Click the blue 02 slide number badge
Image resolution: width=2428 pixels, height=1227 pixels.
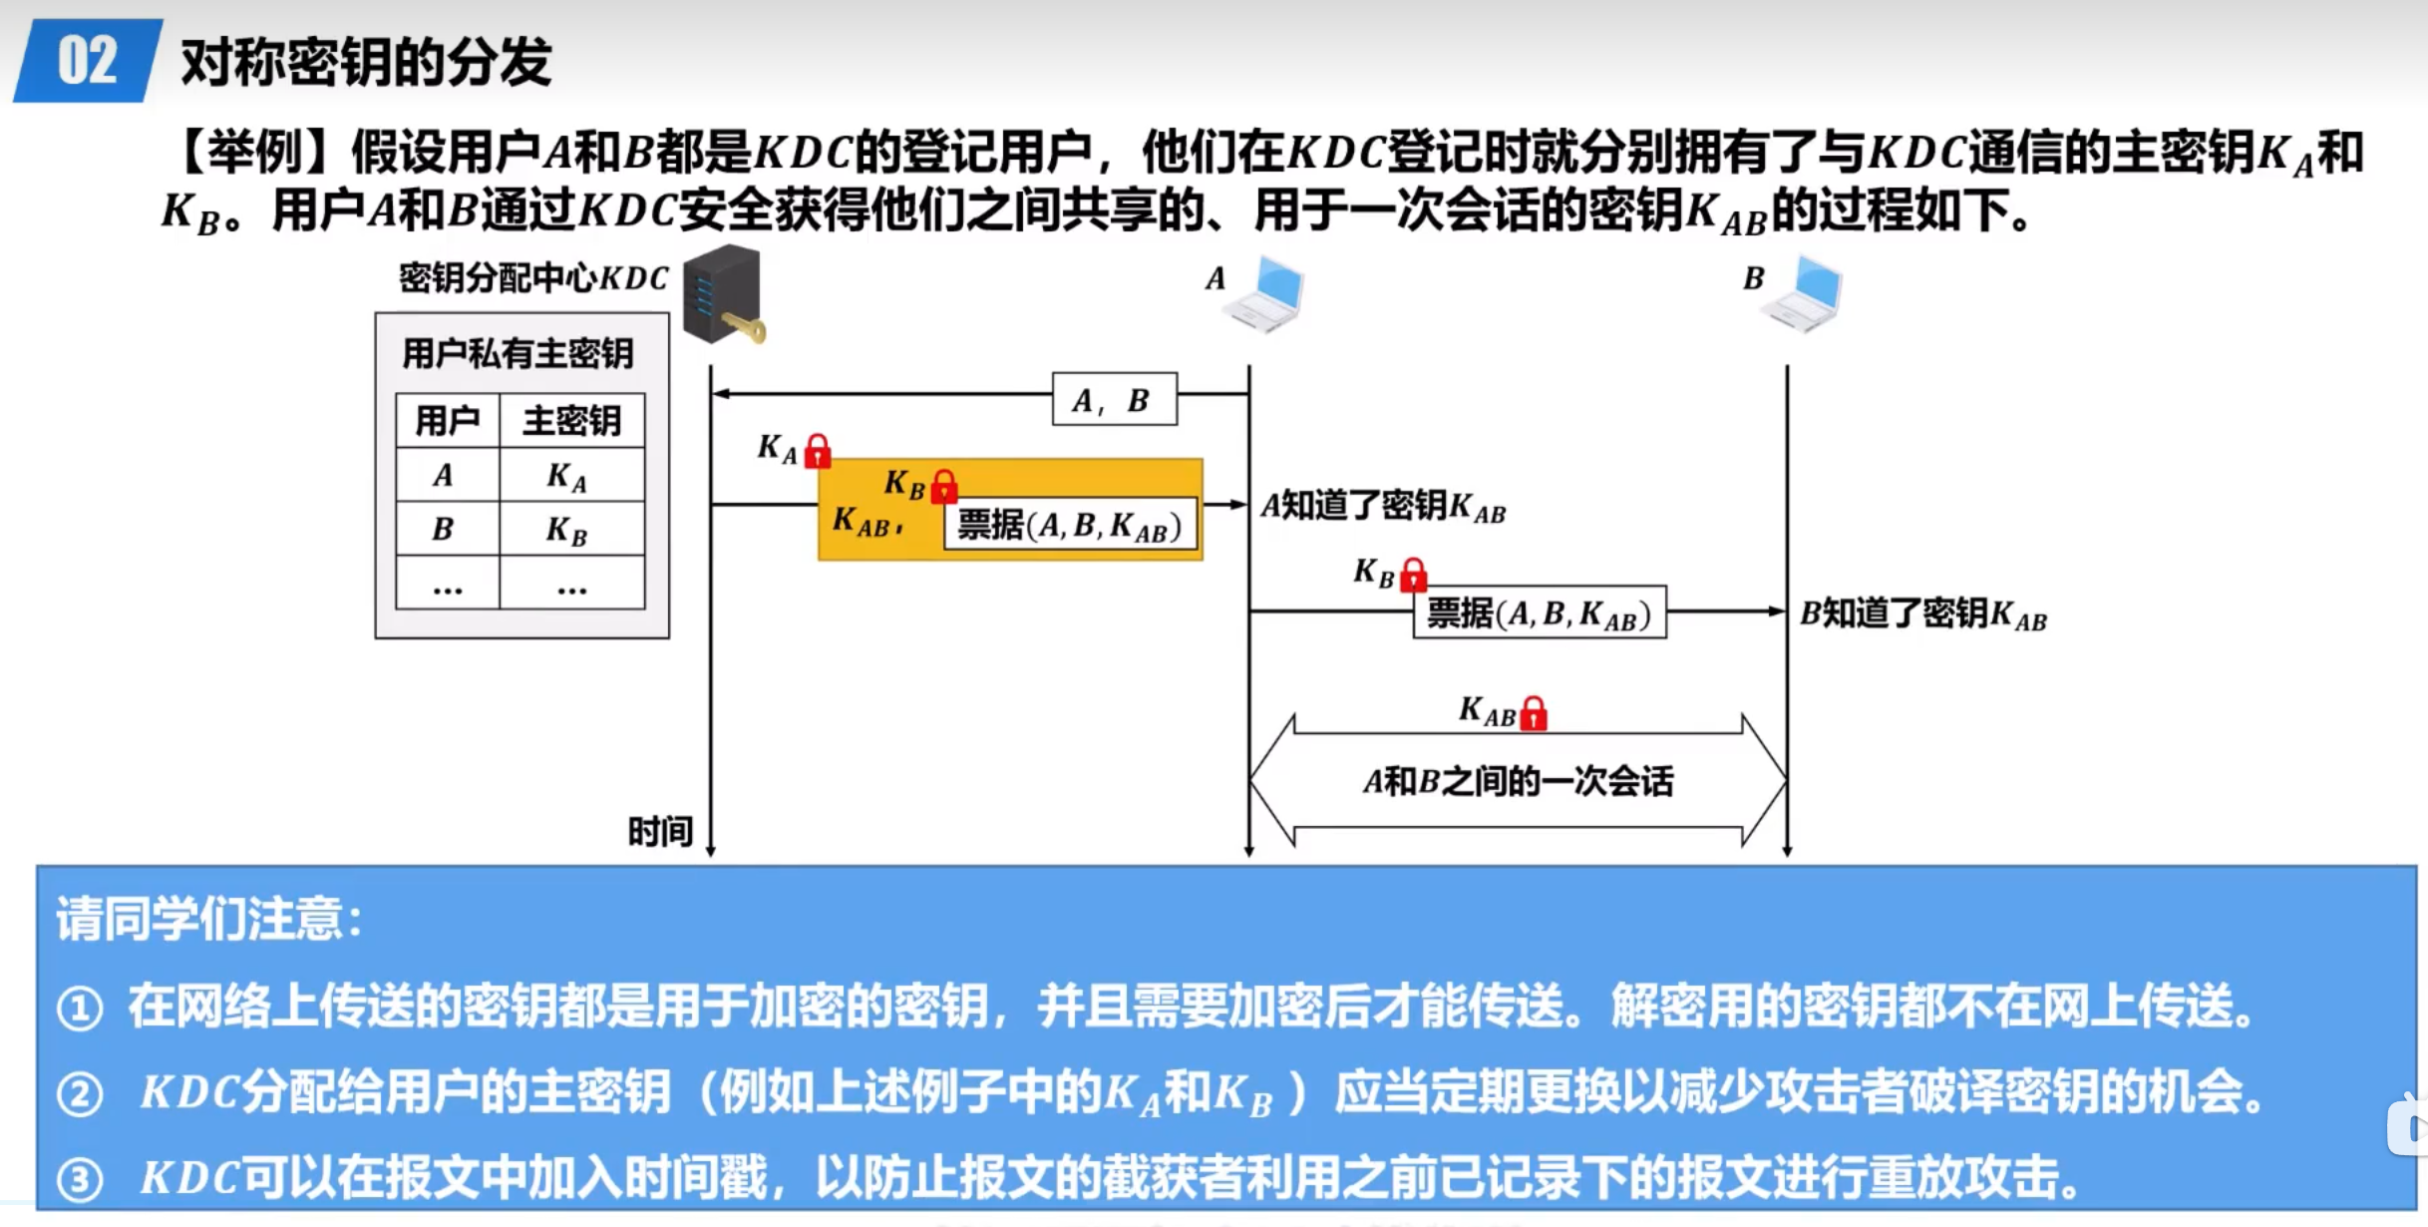pyautogui.click(x=88, y=61)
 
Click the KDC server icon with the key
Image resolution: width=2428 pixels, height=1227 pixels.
pyautogui.click(x=723, y=295)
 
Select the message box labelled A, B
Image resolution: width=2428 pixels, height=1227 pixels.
pyautogui.click(x=1114, y=399)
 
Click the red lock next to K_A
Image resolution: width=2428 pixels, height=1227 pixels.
pyautogui.click(x=818, y=451)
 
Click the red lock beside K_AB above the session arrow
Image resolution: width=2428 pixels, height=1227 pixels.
pyautogui.click(x=1534, y=713)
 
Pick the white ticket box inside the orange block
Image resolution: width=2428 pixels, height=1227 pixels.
pyautogui.click(x=1069, y=525)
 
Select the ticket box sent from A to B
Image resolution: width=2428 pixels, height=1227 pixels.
pyautogui.click(x=1539, y=613)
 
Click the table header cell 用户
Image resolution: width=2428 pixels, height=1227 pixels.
pyautogui.click(x=447, y=420)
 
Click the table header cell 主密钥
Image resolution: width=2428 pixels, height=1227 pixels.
pyautogui.click(x=571, y=420)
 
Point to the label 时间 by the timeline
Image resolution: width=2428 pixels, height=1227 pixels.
pyautogui.click(x=659, y=830)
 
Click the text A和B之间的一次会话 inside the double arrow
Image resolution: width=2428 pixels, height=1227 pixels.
pyautogui.click(x=1518, y=781)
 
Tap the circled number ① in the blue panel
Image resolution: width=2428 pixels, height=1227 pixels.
pyautogui.click(x=80, y=1008)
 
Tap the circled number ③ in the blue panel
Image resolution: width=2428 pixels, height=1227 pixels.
pyautogui.click(x=80, y=1180)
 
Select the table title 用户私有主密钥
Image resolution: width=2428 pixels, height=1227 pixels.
pyautogui.click(x=518, y=353)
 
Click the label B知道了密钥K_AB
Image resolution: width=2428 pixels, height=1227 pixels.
pyautogui.click(x=1922, y=614)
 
